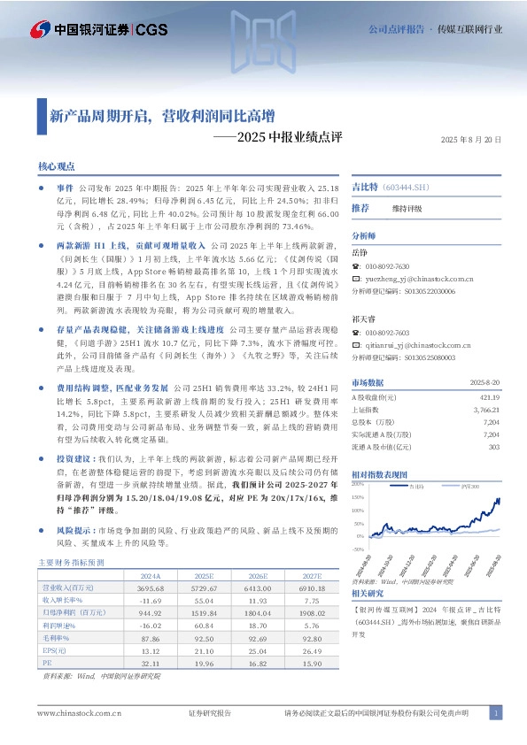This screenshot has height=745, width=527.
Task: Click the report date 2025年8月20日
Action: [x=470, y=140]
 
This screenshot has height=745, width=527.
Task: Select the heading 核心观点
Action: [x=57, y=166]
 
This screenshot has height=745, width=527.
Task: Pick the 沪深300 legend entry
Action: [x=446, y=488]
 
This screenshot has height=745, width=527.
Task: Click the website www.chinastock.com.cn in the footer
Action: [x=72, y=713]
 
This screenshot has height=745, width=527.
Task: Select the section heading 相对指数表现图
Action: [x=379, y=475]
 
